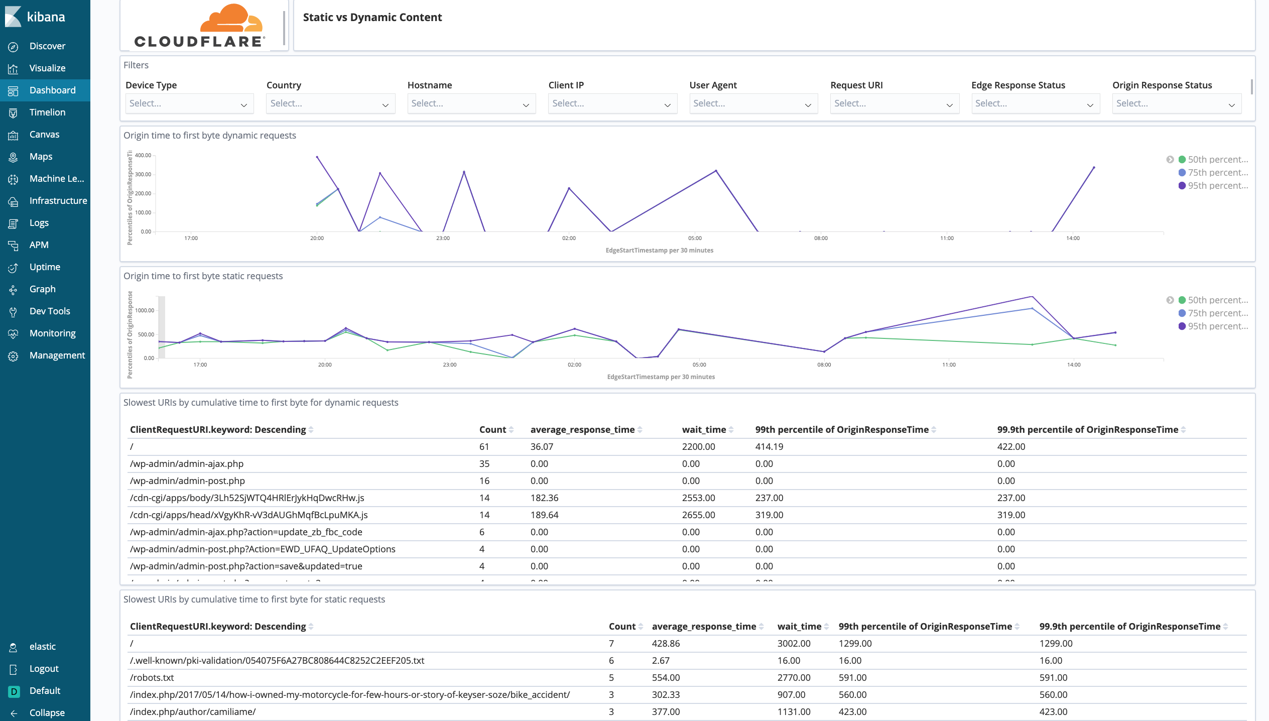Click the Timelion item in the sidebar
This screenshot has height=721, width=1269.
pyautogui.click(x=47, y=112)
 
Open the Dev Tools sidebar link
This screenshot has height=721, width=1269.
pyautogui.click(x=49, y=311)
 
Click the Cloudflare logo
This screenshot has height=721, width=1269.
pyautogui.click(x=200, y=26)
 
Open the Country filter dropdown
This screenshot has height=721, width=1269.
pyautogui.click(x=330, y=103)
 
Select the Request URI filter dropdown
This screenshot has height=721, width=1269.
pyautogui.click(x=894, y=103)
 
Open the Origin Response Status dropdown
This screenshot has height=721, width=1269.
pyautogui.click(x=1176, y=103)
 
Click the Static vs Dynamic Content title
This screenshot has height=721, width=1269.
pyautogui.click(x=372, y=18)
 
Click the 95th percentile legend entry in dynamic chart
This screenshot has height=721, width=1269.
pyautogui.click(x=1217, y=186)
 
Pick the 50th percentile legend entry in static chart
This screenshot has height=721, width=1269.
pyautogui.click(x=1217, y=300)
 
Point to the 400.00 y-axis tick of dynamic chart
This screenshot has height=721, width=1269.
pyautogui.click(x=143, y=156)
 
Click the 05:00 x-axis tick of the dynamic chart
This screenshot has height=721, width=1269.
pyautogui.click(x=695, y=238)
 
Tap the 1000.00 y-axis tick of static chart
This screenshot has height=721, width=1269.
pyautogui.click(x=145, y=311)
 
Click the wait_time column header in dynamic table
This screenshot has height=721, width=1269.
pyautogui.click(x=704, y=430)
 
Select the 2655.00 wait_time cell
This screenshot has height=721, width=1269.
pyautogui.click(x=698, y=515)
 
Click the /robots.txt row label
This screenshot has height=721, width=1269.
pyautogui.click(x=152, y=678)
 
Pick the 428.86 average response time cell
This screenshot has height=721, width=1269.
pyautogui.click(x=666, y=644)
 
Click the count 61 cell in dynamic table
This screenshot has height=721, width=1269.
pyautogui.click(x=484, y=447)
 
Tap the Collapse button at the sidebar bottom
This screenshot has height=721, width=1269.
pyautogui.click(x=46, y=713)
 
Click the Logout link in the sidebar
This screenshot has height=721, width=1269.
pyautogui.click(x=44, y=669)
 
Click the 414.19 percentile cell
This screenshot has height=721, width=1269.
pyautogui.click(x=769, y=447)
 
